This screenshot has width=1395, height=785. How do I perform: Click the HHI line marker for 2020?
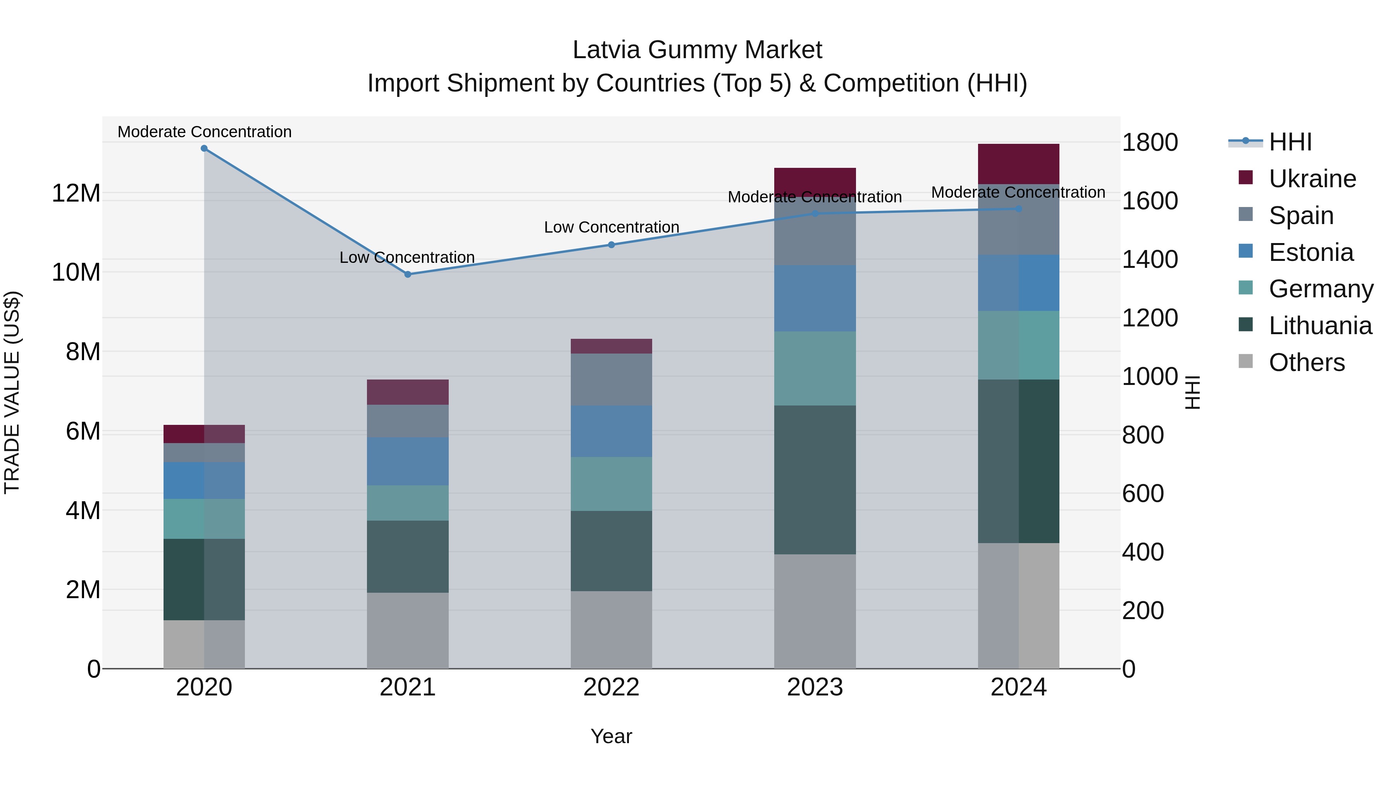tap(204, 148)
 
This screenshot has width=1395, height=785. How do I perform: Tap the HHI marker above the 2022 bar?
tap(611, 245)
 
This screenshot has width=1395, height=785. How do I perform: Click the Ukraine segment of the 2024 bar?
tap(1018, 164)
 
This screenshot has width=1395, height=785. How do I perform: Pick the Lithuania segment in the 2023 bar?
tap(815, 480)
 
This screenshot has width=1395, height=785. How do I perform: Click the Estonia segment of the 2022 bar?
tap(611, 431)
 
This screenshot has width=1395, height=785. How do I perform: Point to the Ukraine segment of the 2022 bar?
tap(611, 346)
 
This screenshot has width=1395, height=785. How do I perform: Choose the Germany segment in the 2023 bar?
tap(815, 368)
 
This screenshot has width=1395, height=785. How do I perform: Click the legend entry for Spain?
tap(1301, 216)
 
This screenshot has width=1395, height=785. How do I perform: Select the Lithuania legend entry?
tap(1320, 326)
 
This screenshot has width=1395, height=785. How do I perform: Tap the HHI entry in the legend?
tap(1290, 142)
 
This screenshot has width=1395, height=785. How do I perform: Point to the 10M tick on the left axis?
tap(76, 272)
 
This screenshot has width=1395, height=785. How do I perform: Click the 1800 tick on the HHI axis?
tap(1150, 143)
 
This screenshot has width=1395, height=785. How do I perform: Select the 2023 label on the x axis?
tap(815, 687)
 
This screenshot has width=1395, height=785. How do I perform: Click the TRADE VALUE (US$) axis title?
tap(12, 392)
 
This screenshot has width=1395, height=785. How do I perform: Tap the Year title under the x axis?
tap(611, 736)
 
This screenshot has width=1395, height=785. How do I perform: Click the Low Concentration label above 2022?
tap(611, 227)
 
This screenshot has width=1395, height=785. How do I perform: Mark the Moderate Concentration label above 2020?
tap(204, 132)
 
